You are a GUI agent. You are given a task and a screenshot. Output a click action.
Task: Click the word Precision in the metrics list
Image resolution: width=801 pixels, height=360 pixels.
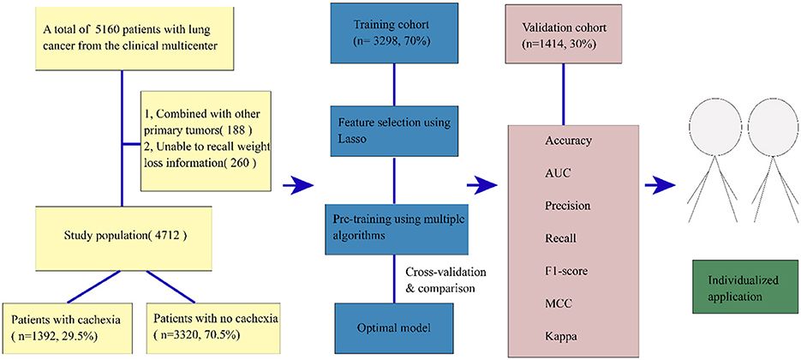[x=568, y=207]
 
